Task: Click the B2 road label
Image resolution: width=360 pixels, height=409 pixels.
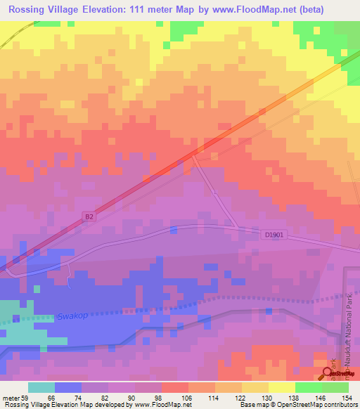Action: coord(88,217)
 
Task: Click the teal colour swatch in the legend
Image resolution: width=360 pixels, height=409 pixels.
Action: coord(41,387)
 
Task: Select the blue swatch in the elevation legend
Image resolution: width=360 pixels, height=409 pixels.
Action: coord(68,387)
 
